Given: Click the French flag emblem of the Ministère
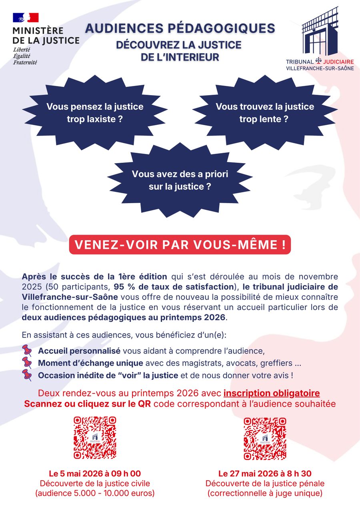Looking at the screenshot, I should coord(26,18).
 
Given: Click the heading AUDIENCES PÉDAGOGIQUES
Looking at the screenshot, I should coord(180,28).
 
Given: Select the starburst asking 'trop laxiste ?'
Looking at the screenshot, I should coord(95,113).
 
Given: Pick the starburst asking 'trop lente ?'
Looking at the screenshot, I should coord(264,113).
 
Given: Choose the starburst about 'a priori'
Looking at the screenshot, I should coord(180,180).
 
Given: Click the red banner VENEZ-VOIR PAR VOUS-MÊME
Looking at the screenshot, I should coord(180,245).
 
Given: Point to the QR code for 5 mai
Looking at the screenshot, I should coord(95,438).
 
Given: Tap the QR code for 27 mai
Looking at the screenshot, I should coord(265,439).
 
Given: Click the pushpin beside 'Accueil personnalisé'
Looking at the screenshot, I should coord(27,351).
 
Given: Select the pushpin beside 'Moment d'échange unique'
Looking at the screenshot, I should coord(27,363).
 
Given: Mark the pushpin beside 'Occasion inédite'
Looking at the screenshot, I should coord(27,375).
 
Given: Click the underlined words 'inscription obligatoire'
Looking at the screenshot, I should coord(272,393).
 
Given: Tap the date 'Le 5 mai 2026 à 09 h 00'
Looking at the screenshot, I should coord(95,474).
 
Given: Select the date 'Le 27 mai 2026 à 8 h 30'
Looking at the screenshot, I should coord(265,474).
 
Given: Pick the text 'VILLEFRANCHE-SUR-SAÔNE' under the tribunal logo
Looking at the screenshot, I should coord(320,69).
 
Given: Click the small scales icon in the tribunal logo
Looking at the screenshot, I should coord(319,61).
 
